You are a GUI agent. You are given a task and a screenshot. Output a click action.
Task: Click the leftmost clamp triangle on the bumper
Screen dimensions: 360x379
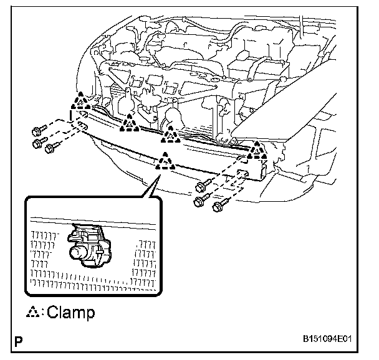pos(80,103)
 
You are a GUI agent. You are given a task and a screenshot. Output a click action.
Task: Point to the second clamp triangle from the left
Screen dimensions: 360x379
pos(130,124)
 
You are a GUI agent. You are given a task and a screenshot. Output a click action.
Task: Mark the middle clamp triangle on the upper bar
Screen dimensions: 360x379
pos(170,133)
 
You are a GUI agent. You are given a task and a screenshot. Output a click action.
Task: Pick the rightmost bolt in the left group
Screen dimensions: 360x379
pos(52,147)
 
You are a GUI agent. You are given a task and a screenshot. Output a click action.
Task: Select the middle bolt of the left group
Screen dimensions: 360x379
pos(38,144)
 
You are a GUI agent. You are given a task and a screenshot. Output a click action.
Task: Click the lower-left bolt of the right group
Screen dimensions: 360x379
pos(200,201)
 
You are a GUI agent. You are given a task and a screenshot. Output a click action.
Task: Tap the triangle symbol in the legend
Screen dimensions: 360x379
pos(32,311)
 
